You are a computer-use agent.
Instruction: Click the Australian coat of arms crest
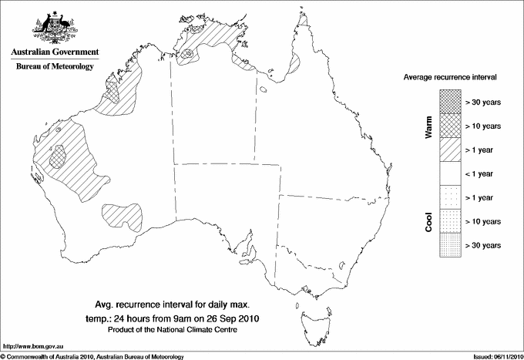click(54, 26)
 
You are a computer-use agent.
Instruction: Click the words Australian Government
click(55, 52)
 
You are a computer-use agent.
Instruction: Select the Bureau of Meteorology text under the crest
click(55, 67)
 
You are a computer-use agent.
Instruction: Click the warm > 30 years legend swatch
click(450, 101)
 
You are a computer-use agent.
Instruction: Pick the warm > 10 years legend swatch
click(450, 125)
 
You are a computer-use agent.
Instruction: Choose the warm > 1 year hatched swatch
click(450, 149)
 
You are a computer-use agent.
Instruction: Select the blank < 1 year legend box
click(450, 173)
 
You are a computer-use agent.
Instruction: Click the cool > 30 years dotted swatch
click(450, 244)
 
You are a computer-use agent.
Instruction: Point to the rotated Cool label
click(429, 221)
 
